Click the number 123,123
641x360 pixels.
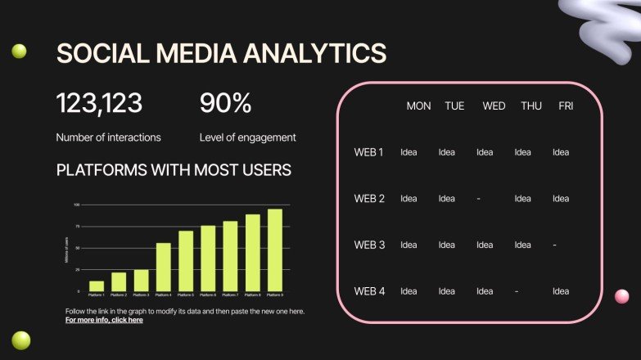point(99,103)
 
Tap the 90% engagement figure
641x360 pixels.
point(225,103)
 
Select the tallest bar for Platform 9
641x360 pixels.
point(275,250)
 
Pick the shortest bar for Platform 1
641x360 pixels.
point(97,286)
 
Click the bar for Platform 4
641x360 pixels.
point(164,267)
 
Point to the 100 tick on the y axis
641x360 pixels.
point(76,205)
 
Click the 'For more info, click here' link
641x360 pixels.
point(104,320)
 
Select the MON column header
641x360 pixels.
point(418,106)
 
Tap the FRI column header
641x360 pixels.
point(566,106)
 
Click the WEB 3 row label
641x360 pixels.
point(369,245)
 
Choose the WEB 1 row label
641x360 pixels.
point(368,152)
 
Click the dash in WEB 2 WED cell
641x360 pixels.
point(478,199)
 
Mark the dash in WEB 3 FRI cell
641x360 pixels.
point(554,245)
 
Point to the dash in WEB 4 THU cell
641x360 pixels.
point(517,291)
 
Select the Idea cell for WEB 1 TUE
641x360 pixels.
point(446,152)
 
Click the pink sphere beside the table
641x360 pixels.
point(621,296)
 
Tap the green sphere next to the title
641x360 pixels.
point(19,52)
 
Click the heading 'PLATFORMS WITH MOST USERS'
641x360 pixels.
point(174,170)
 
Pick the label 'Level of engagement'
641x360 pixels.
point(247,137)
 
